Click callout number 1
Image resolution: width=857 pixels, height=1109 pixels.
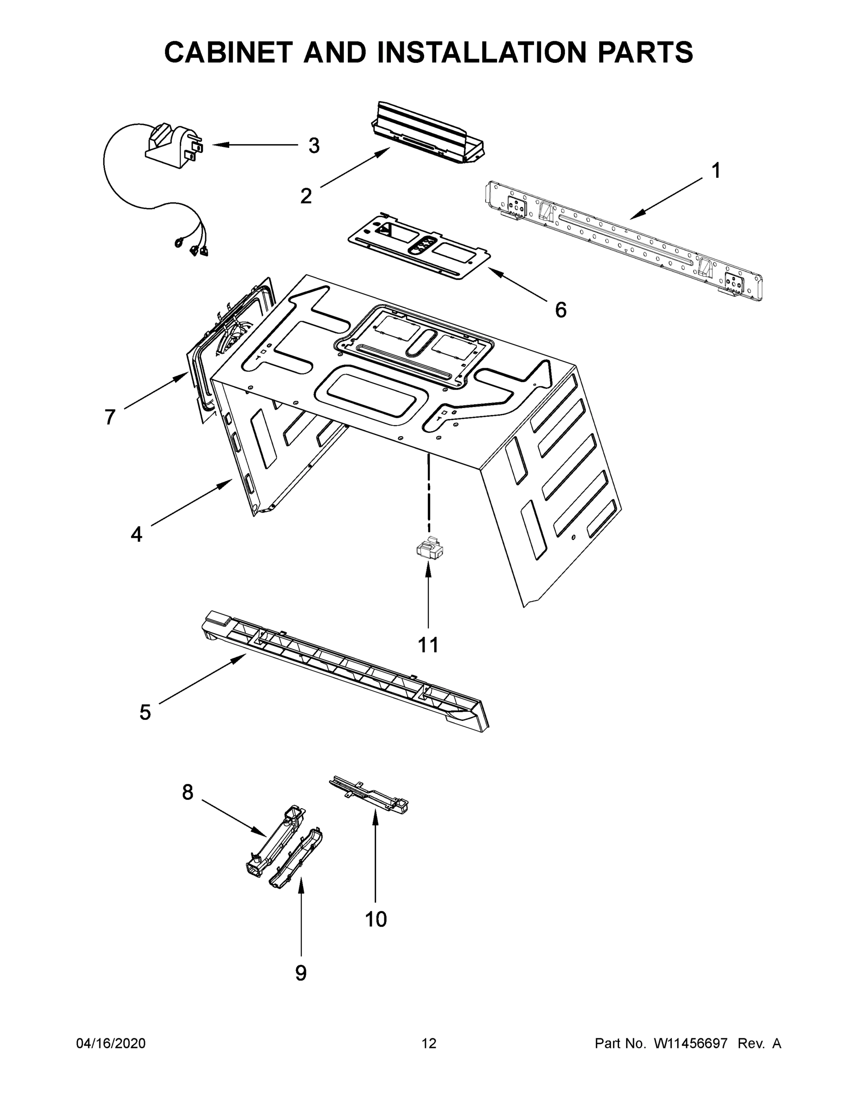[x=716, y=171]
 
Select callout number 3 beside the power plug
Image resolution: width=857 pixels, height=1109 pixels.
[x=314, y=146]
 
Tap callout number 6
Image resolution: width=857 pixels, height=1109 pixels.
[x=560, y=310]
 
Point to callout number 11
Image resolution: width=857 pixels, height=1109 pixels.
[x=428, y=645]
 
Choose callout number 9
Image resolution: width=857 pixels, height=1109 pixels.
[x=301, y=973]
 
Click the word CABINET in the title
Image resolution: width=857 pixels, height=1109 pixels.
[x=230, y=52]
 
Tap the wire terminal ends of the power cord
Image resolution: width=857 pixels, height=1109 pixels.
[x=194, y=246]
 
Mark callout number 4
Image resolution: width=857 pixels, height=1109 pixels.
[x=137, y=534]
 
